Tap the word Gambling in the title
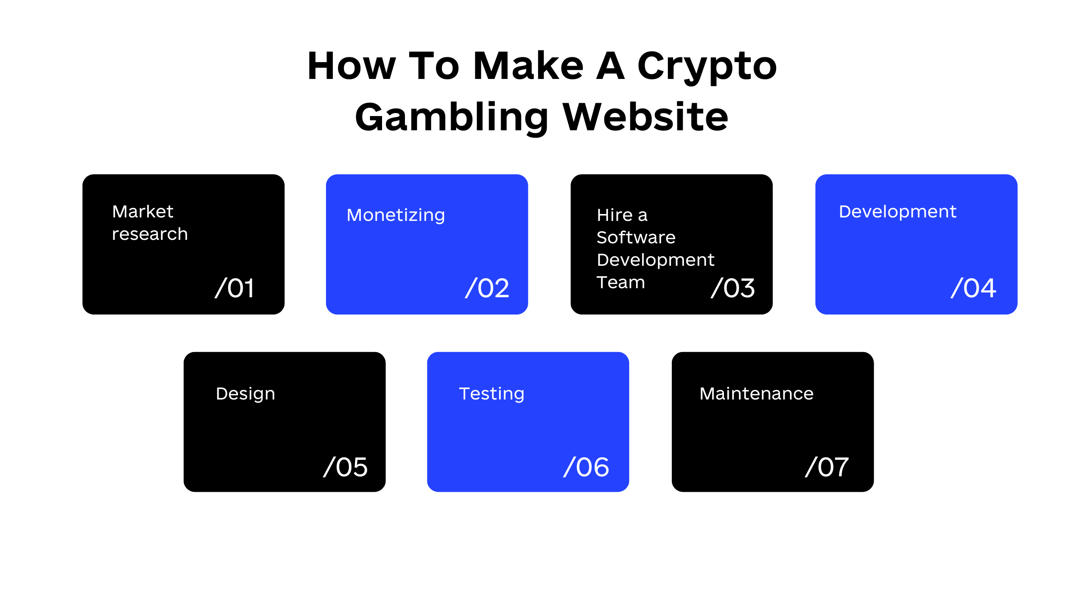pos(451,118)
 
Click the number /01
pos(235,288)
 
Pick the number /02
pos(487,288)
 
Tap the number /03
pos(733,288)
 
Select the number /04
pos(974,288)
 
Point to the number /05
pos(345,467)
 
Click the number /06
pos(586,467)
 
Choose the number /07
pos(827,467)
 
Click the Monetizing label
pos(396,215)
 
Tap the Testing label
pos(492,394)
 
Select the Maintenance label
pos(757,393)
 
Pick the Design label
pos(245,394)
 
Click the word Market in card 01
pos(143,211)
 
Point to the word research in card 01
pos(150,234)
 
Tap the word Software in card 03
pos(636,237)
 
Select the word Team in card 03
pos(621,282)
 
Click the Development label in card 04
pos(898,212)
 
